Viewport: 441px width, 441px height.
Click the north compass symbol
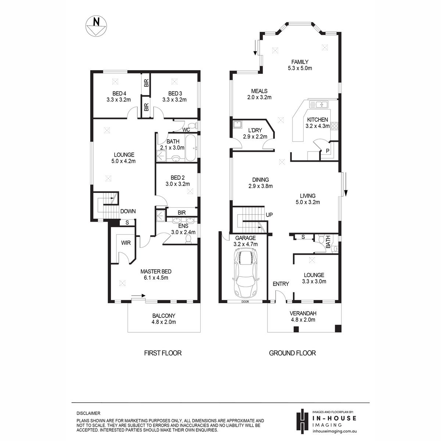point(96,26)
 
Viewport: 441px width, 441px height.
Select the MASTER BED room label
point(156,272)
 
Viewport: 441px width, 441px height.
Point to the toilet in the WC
point(194,126)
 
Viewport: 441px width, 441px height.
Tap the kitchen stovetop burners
point(334,126)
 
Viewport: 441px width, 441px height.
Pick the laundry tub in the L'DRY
point(237,125)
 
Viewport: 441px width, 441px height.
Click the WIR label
point(126,243)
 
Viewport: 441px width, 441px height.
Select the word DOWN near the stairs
point(128,211)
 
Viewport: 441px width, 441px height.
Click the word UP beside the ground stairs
point(269,215)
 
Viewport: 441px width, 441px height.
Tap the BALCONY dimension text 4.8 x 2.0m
point(164,322)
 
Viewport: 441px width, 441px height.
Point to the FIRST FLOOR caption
point(163,353)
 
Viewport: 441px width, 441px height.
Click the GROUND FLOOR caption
point(292,353)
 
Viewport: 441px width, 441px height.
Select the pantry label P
point(327,151)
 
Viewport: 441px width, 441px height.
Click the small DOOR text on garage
point(245,302)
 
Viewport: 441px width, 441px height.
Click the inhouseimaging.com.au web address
point(334,431)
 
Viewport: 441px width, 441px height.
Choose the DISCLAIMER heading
point(88,413)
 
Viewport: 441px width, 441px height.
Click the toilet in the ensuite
point(188,239)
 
